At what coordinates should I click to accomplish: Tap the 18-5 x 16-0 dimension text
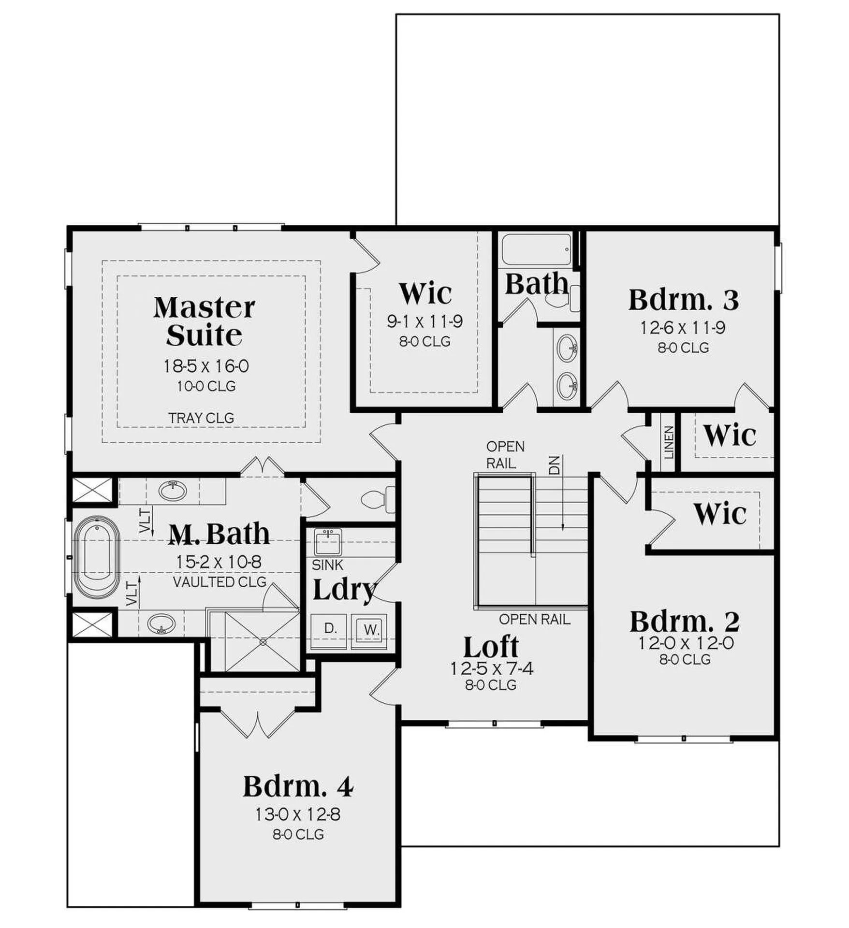[206, 366]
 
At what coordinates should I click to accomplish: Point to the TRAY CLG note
[201, 418]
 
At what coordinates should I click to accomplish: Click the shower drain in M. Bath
[263, 642]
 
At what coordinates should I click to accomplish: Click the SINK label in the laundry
[327, 565]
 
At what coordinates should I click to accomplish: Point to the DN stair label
[554, 464]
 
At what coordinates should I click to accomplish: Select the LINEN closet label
[668, 442]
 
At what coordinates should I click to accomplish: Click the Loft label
[491, 647]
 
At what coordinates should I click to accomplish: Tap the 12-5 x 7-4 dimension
[492, 668]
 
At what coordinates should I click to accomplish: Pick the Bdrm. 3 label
[683, 300]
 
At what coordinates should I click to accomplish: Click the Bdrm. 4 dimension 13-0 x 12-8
[298, 814]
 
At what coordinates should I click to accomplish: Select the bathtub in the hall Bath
[535, 249]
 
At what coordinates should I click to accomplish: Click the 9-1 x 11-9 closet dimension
[424, 321]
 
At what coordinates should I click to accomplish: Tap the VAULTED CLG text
[220, 582]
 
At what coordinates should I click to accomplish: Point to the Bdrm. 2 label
[684, 622]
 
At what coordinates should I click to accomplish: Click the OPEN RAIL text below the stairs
[534, 619]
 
